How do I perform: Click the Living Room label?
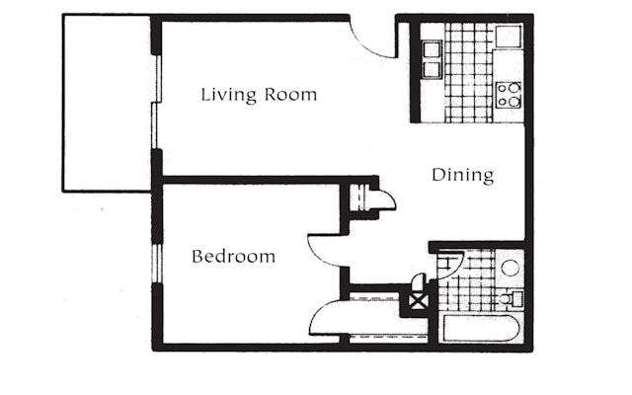pos(259,95)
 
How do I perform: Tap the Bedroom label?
pos(233,257)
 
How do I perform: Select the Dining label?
pos(463,176)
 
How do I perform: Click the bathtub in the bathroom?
pos(481,328)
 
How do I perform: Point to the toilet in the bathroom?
pos(511,298)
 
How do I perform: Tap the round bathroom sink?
pos(511,268)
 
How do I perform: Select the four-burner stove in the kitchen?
pos(509,95)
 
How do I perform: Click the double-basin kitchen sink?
pos(433,59)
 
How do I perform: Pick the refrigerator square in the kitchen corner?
pos(509,37)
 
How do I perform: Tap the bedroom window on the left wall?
pos(156,263)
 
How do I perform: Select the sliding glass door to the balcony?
pos(157,102)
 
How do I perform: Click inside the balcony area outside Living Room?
pos(108,103)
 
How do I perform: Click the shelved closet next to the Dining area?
pos(358,197)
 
